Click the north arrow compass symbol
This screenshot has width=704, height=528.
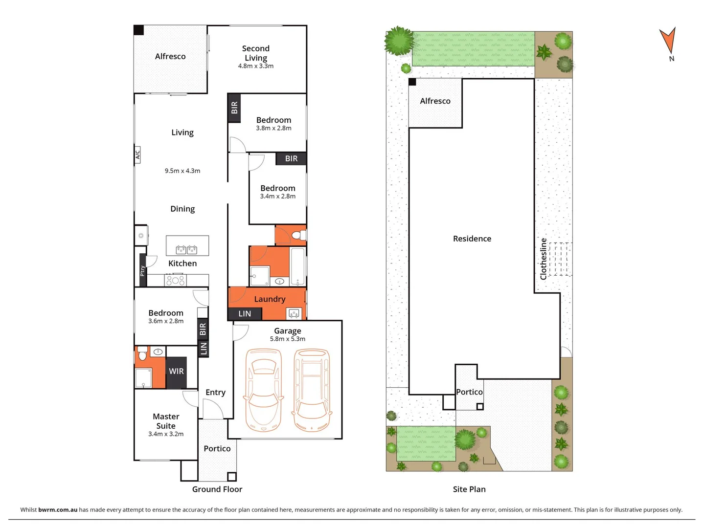point(668,41)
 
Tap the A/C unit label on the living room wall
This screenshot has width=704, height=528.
point(137,154)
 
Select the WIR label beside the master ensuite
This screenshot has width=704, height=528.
point(176,371)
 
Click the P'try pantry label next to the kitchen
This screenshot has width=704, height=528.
point(142,270)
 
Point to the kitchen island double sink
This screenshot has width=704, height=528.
point(186,250)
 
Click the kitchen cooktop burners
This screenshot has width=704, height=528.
point(175,281)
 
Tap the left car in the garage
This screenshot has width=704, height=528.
point(264,390)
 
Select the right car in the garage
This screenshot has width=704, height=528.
point(312,390)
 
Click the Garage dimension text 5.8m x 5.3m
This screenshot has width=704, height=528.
point(288,339)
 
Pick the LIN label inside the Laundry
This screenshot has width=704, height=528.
point(245,314)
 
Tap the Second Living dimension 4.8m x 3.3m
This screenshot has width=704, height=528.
point(256,66)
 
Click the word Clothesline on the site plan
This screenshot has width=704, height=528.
point(543,259)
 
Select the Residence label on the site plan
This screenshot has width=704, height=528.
point(472,239)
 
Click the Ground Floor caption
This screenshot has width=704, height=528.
point(217,489)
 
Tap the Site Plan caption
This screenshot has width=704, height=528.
point(469,489)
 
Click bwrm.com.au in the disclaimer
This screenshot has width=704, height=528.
point(58,509)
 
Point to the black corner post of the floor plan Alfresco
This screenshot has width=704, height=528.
point(139,30)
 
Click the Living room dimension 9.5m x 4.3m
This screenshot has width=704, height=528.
point(182,171)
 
